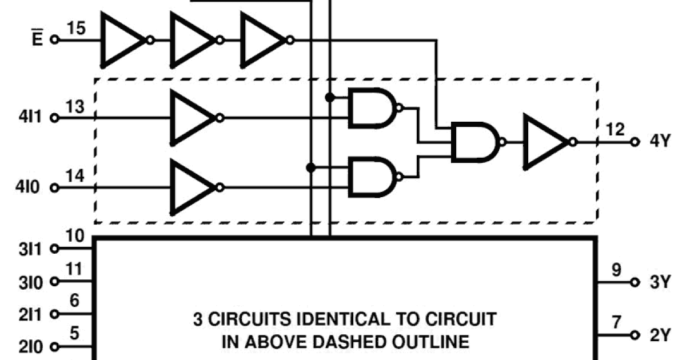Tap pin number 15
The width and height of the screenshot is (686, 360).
click(76, 28)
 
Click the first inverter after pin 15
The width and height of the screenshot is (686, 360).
click(123, 40)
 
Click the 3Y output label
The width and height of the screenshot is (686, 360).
click(659, 283)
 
